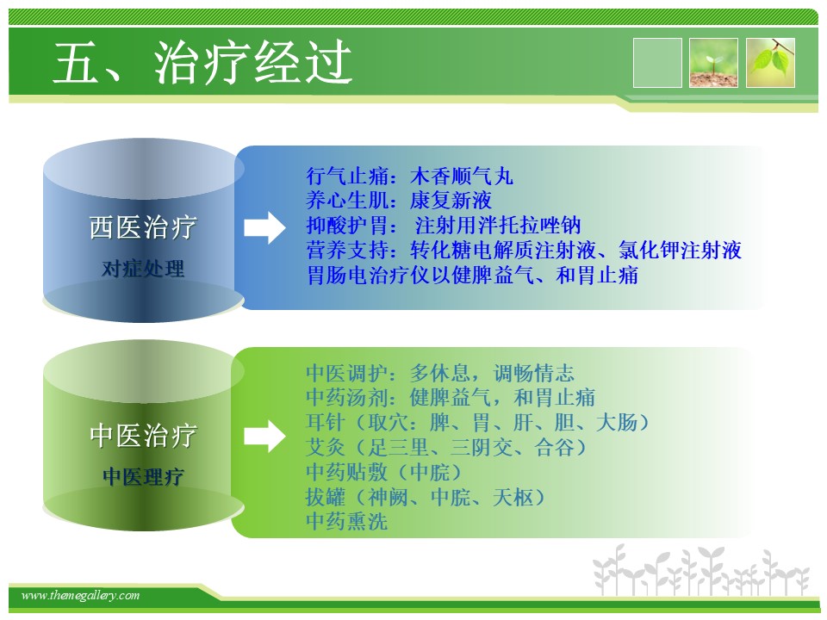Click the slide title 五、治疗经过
(x=202, y=63)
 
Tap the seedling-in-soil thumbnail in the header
(x=713, y=63)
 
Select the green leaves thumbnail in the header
(x=770, y=63)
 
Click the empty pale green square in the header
(x=657, y=63)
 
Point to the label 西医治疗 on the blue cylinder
(x=143, y=227)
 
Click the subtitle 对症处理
(x=143, y=269)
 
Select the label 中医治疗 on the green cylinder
(x=143, y=436)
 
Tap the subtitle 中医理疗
(x=143, y=476)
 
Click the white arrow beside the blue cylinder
(x=264, y=227)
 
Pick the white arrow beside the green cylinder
(x=264, y=436)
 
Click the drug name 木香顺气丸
(x=462, y=176)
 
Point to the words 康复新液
(x=451, y=201)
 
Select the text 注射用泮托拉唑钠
(x=498, y=225)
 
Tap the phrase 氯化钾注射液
(x=680, y=250)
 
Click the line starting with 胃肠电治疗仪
(x=472, y=275)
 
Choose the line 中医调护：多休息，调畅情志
(x=440, y=373)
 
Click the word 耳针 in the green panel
(x=326, y=422)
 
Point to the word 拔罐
(x=326, y=497)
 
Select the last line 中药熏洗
(x=346, y=522)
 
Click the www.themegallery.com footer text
(x=80, y=596)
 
